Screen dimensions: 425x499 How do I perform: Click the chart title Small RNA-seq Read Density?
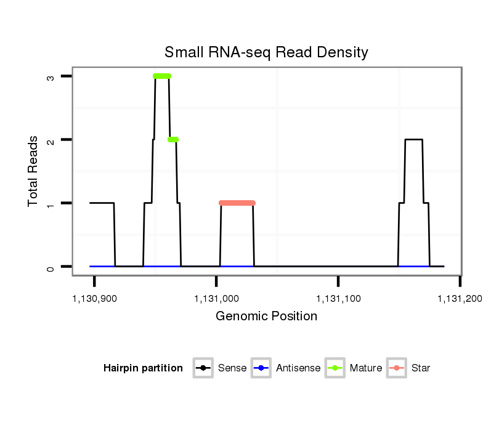[x=266, y=52]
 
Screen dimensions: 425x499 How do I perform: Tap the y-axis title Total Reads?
[x=34, y=171]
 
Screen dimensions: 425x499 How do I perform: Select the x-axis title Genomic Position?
[x=266, y=317]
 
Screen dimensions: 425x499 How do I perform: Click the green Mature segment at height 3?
[x=162, y=76]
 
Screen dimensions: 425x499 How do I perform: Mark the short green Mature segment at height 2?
[x=173, y=139]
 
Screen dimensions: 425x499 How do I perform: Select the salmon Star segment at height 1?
[x=237, y=203]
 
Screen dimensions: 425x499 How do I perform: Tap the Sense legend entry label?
[x=232, y=368]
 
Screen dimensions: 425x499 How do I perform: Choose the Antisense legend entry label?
[x=298, y=368]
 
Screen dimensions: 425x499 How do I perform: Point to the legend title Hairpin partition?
[x=143, y=368]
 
